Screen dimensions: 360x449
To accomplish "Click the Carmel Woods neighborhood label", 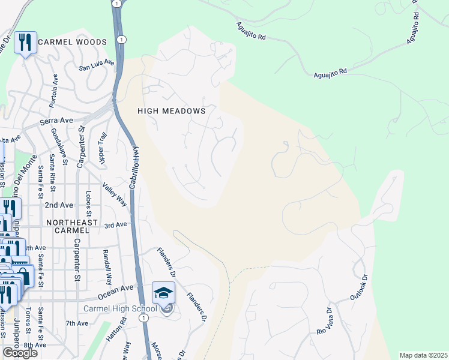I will pos(72,42).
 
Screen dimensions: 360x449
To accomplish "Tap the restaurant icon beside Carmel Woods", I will pos(25,43).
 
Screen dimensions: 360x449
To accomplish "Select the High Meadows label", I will pos(172,111).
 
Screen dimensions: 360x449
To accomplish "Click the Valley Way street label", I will pos(115,194).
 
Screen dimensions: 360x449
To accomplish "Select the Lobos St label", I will pos(89,203).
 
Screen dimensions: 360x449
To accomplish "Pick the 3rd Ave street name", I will pos(116,225).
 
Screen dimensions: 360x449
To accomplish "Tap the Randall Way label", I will pos(107,267).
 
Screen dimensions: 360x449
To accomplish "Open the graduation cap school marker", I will pos(163,293).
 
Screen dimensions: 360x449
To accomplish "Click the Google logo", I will pos(20,353).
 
